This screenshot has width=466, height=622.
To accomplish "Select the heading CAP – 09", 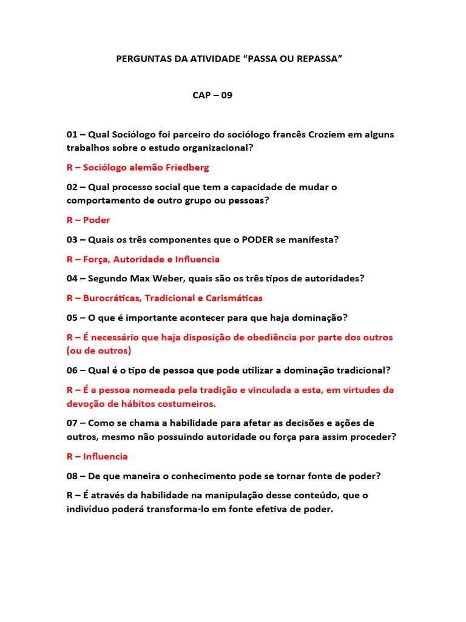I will pyautogui.click(x=212, y=95).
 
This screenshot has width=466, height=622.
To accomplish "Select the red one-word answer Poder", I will pyautogui.click(x=96, y=220).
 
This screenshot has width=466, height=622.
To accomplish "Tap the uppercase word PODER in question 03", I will pyautogui.click(x=257, y=239).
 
